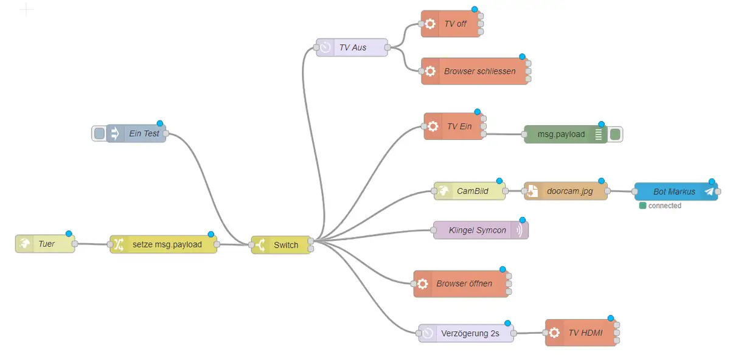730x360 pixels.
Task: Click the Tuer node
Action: (x=46, y=244)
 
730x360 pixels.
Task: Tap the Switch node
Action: (x=285, y=245)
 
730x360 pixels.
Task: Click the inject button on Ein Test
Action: (x=99, y=134)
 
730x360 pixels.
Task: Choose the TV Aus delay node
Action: (x=352, y=47)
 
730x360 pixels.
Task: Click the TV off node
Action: (x=454, y=24)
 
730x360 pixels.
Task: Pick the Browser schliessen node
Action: (x=479, y=71)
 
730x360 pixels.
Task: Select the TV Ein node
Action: (x=459, y=126)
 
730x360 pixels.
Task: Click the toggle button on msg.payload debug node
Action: (x=615, y=134)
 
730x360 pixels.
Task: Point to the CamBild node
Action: (x=472, y=191)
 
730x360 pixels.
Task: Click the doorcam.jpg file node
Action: (x=569, y=191)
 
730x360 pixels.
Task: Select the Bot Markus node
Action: (x=673, y=192)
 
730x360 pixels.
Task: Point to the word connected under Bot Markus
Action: (x=664, y=206)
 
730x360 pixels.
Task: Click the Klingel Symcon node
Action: (x=477, y=230)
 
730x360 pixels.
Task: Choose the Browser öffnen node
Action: (x=464, y=284)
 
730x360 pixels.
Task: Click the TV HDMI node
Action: (x=585, y=333)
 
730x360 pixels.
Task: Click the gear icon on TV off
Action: (x=430, y=24)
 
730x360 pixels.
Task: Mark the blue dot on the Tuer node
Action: (x=69, y=234)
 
